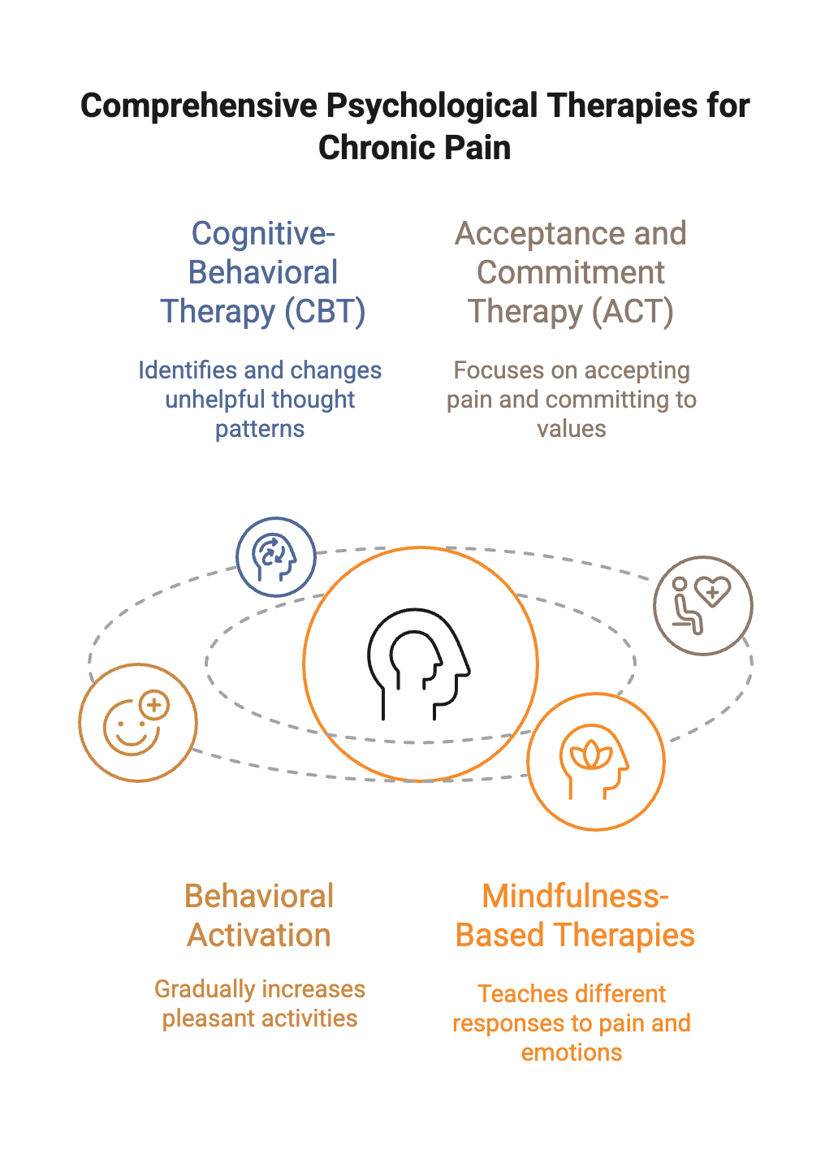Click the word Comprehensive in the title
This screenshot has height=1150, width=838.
(x=198, y=106)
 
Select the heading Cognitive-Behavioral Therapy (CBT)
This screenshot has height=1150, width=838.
(x=262, y=273)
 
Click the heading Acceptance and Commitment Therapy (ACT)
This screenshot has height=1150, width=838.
(x=571, y=273)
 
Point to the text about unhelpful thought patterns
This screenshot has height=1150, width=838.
(x=260, y=400)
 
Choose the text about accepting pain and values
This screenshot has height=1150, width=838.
(x=571, y=400)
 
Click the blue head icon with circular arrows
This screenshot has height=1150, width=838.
(x=276, y=557)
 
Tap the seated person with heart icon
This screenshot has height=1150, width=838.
(x=703, y=606)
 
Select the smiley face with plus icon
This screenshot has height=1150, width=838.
(x=137, y=723)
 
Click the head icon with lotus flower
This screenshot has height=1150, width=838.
(x=595, y=762)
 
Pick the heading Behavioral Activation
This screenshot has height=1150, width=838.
(x=259, y=916)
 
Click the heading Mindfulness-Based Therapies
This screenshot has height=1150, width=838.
(x=575, y=916)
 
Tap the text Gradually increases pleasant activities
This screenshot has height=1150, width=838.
(x=260, y=1004)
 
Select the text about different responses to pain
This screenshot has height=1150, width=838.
(x=572, y=1023)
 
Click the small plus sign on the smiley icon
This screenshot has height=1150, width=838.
(x=153, y=705)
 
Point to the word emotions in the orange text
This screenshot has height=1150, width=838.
(x=572, y=1053)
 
